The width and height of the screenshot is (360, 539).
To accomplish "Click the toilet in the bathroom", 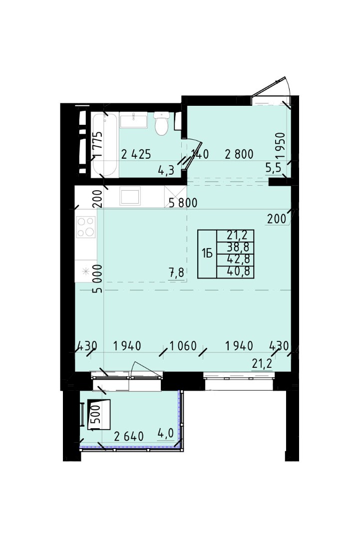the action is click(x=161, y=123).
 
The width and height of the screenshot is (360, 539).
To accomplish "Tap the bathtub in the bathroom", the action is click(x=105, y=144).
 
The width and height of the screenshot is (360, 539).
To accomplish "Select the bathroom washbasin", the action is click(x=133, y=121).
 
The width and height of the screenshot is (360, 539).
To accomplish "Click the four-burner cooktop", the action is click(x=86, y=227).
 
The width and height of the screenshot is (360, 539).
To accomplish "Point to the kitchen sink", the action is click(x=130, y=196).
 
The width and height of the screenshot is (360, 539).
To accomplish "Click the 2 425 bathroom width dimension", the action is click(x=136, y=154).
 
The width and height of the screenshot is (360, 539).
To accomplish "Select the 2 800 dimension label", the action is click(x=239, y=154).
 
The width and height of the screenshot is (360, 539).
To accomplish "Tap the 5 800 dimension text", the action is click(x=183, y=203).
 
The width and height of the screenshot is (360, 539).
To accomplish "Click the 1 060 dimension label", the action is click(x=183, y=345).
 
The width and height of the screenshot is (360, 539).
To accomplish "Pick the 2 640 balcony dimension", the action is click(x=129, y=436).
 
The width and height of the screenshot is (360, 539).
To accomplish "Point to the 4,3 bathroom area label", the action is click(x=166, y=170).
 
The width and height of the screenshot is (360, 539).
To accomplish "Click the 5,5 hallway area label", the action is click(x=273, y=168).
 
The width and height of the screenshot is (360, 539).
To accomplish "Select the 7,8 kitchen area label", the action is click(x=176, y=273).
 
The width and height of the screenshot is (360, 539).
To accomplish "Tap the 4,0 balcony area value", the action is click(x=165, y=434).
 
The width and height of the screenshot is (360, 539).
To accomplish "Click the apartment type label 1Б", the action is click(x=207, y=254).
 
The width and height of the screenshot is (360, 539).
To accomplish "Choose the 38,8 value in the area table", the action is click(x=238, y=248).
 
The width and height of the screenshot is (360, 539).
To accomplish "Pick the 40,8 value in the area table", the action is click(x=238, y=272).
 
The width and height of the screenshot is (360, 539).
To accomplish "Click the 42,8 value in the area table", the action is click(x=238, y=259).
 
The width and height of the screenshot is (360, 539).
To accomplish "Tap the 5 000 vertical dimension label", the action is click(x=97, y=278).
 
